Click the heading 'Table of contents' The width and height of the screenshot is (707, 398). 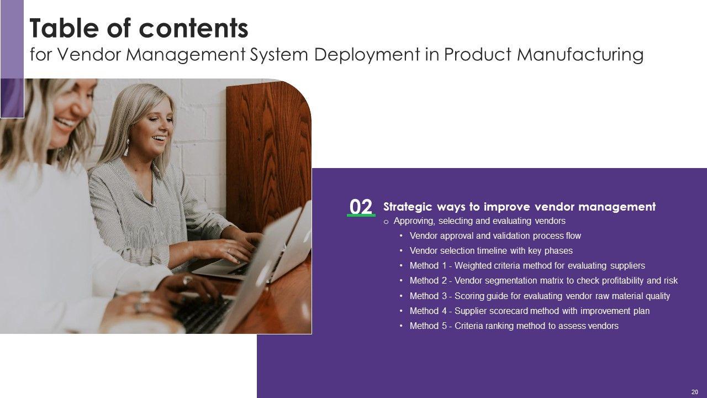pyautogui.click(x=139, y=28)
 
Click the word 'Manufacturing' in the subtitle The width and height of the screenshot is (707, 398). pyautogui.click(x=580, y=54)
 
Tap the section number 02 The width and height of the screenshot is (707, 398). pyautogui.click(x=361, y=207)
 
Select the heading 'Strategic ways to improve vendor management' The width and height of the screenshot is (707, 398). pyautogui.click(x=519, y=207)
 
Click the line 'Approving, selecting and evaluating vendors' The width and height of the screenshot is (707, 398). pyautogui.click(x=479, y=221)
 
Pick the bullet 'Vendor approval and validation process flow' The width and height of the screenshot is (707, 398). pyautogui.click(x=495, y=235)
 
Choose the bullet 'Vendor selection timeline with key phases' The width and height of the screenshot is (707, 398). pyautogui.click(x=491, y=250)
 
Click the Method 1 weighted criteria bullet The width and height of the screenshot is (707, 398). pyautogui.click(x=527, y=266)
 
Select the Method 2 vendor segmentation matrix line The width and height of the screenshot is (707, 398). pyautogui.click(x=543, y=280)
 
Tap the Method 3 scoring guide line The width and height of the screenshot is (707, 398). pyautogui.click(x=540, y=296)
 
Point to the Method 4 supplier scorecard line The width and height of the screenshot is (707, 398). pyautogui.click(x=529, y=311)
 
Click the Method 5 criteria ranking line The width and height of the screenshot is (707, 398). pyautogui.click(x=514, y=326)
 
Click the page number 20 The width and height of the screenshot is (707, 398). pyautogui.click(x=695, y=392)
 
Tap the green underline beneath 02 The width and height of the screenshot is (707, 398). pyautogui.click(x=361, y=216)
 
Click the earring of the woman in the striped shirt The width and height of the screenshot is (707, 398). pyautogui.click(x=126, y=147)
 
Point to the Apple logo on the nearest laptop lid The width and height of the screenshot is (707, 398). pyautogui.click(x=264, y=273)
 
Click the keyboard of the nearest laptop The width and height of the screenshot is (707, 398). pyautogui.click(x=202, y=313)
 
